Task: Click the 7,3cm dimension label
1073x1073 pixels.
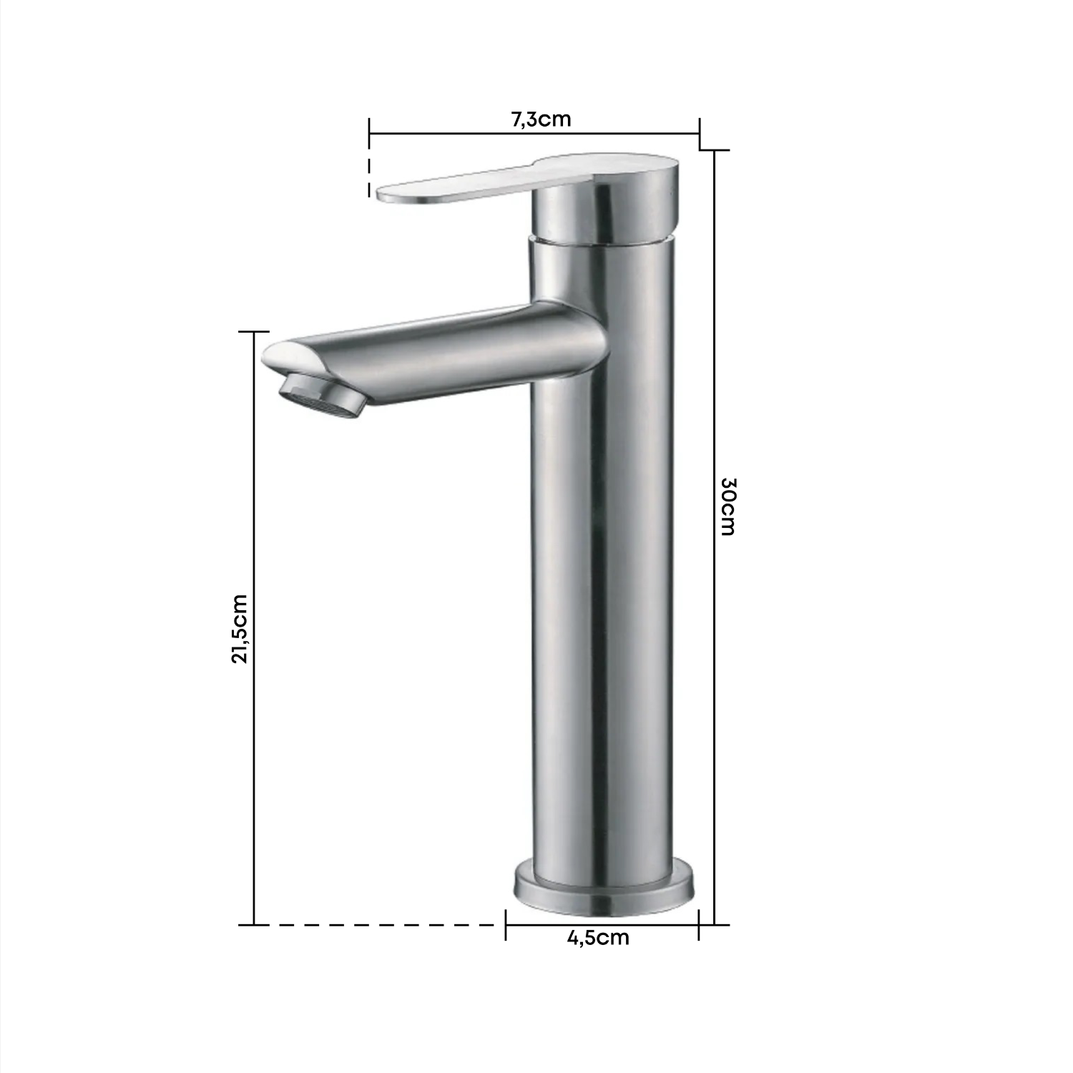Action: point(541,119)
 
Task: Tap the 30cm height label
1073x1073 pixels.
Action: point(727,506)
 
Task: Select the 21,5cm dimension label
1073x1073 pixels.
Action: point(240,629)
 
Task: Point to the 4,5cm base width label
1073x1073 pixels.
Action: point(598,937)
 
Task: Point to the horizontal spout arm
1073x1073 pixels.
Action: point(436,355)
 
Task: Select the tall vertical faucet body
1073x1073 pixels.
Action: point(602,558)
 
